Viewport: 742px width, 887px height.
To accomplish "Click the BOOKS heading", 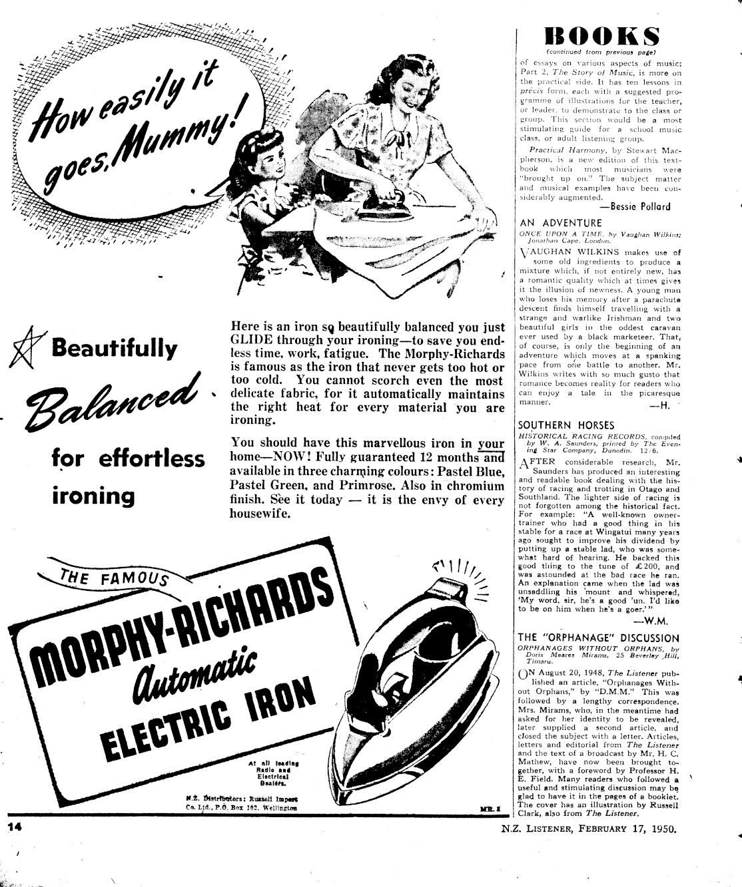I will pos(601,36).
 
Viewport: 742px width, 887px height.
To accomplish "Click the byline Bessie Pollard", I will pos(635,206).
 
